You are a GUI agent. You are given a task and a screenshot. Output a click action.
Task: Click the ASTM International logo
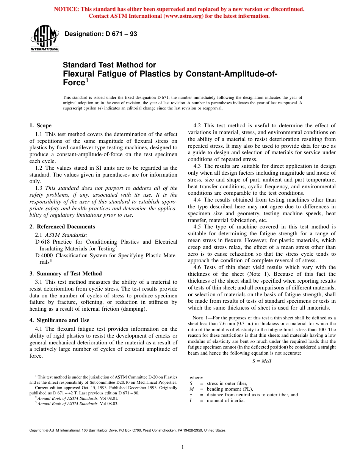(x=44, y=38)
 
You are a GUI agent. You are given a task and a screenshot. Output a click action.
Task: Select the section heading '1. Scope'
(x=40, y=125)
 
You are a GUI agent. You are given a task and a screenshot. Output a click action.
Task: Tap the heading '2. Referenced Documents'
(x=62, y=227)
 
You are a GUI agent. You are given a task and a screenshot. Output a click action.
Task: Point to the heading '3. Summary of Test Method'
(x=66, y=274)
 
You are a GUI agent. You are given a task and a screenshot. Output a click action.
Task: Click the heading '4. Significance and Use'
(x=59, y=320)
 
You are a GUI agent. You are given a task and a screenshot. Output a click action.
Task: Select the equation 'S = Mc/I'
(x=262, y=361)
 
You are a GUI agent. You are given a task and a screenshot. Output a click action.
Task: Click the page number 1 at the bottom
(x=182, y=447)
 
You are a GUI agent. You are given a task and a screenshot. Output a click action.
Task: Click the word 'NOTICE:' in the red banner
(x=67, y=9)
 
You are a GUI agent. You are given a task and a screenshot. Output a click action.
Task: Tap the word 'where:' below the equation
(x=196, y=378)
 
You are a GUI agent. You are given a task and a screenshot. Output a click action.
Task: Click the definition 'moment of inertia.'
(x=225, y=400)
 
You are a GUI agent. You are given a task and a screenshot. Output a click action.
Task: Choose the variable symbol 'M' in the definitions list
(x=191, y=389)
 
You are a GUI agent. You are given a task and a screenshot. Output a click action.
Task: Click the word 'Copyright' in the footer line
(x=39, y=430)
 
